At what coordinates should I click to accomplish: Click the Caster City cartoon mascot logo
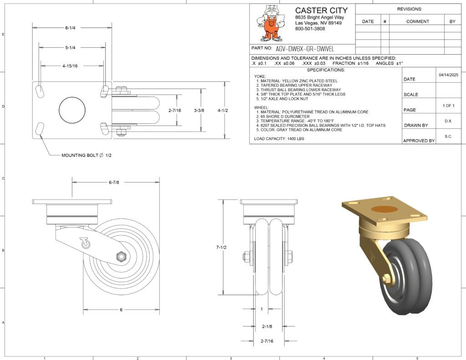[271, 23]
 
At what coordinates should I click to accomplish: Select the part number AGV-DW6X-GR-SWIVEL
[305, 49]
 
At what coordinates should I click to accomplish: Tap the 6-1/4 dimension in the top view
[71, 28]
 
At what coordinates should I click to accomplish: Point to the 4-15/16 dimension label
[70, 66]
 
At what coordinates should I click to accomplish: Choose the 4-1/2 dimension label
[223, 111]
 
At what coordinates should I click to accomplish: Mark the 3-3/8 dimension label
[199, 111]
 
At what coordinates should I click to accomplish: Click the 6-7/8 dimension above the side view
[114, 183]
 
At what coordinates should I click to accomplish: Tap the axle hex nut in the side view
[121, 256]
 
